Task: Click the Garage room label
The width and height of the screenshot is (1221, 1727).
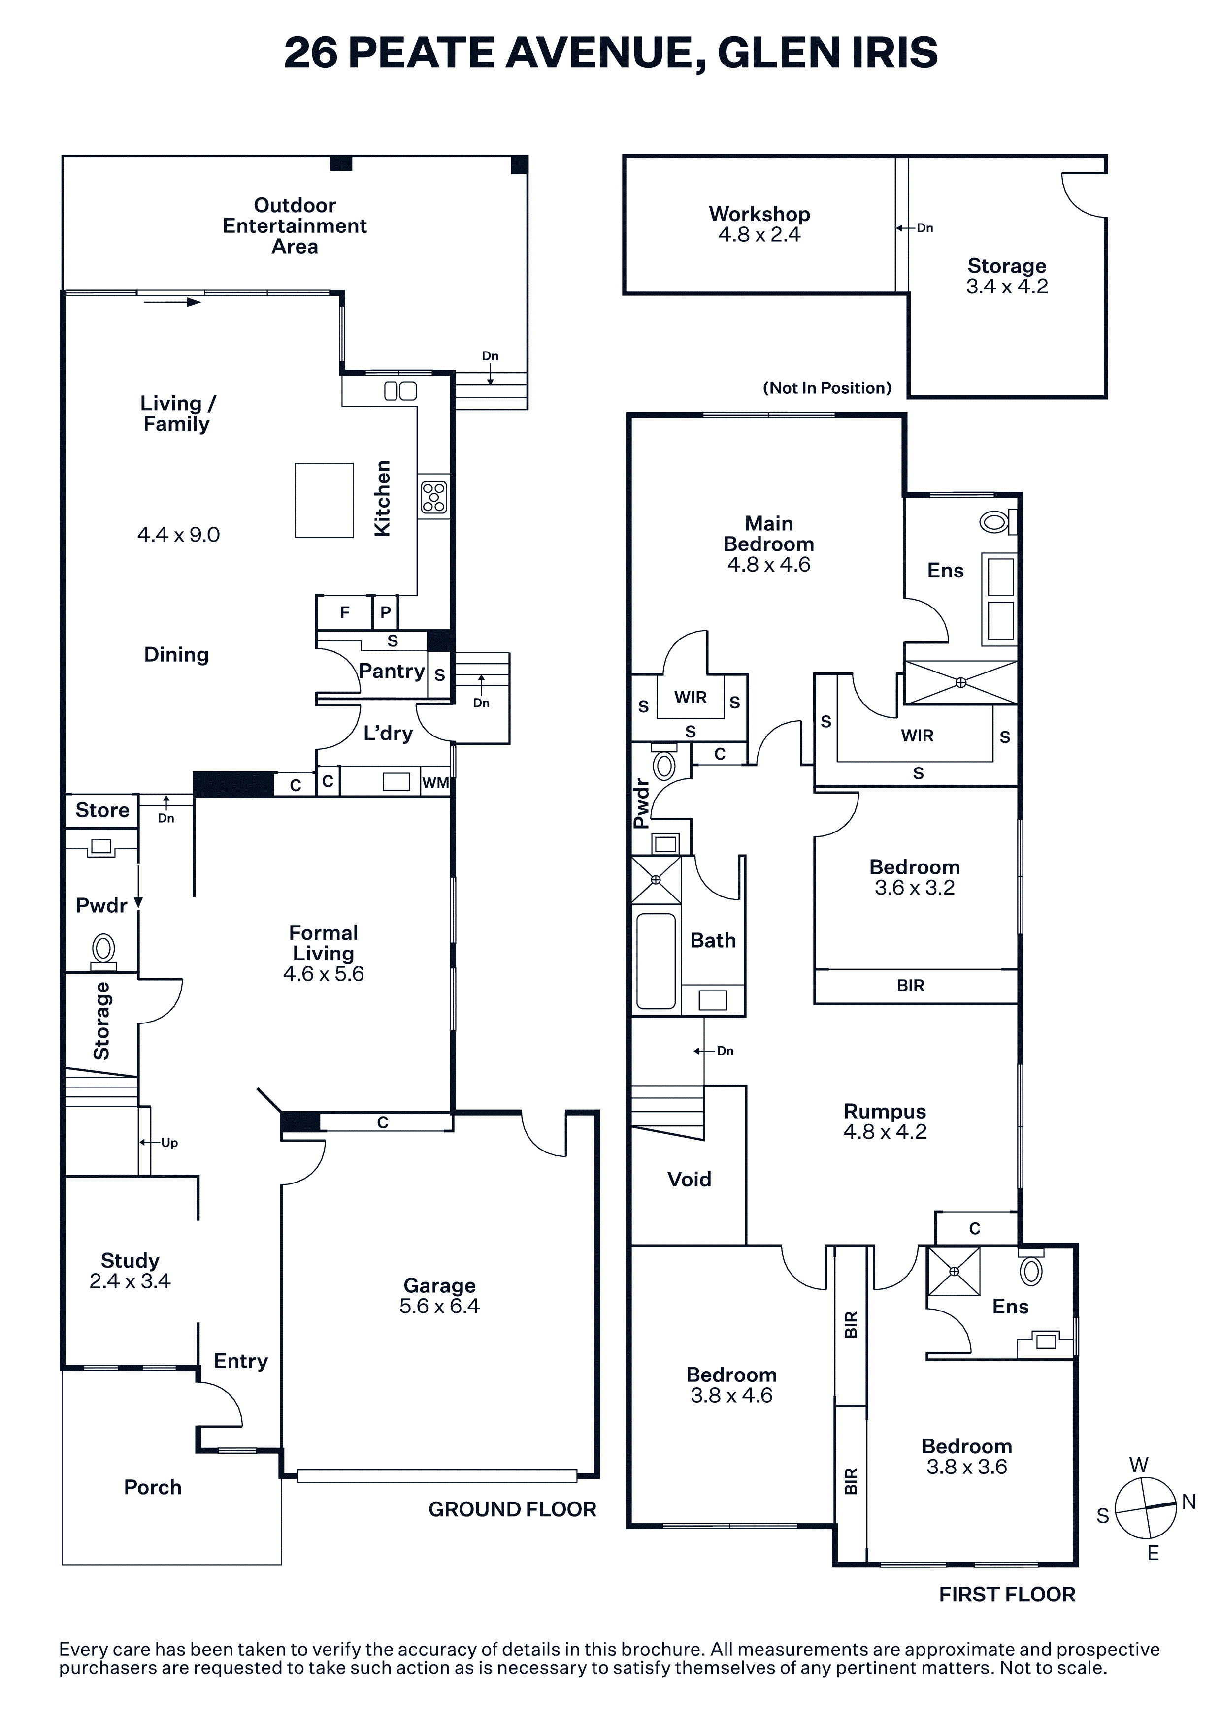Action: (x=439, y=1285)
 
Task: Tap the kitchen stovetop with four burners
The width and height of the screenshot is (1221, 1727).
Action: (x=434, y=497)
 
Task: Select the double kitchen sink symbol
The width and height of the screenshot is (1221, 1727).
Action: (x=400, y=390)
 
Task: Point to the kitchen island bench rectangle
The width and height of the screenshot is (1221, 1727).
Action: (x=324, y=500)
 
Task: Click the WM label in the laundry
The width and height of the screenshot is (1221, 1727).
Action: (x=435, y=782)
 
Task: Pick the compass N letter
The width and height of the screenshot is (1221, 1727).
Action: (x=1188, y=1502)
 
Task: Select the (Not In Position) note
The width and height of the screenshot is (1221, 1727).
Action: (x=827, y=388)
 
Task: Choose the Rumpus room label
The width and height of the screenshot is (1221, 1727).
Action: (x=885, y=1111)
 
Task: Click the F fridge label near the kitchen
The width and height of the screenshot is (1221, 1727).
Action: (x=345, y=612)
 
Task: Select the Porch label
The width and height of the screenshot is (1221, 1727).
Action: (x=153, y=1487)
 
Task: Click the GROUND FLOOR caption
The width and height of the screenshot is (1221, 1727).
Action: (x=512, y=1509)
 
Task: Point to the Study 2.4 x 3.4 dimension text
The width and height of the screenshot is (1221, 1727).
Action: (x=130, y=1281)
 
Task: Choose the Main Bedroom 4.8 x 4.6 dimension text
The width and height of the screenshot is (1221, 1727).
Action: (x=769, y=565)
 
